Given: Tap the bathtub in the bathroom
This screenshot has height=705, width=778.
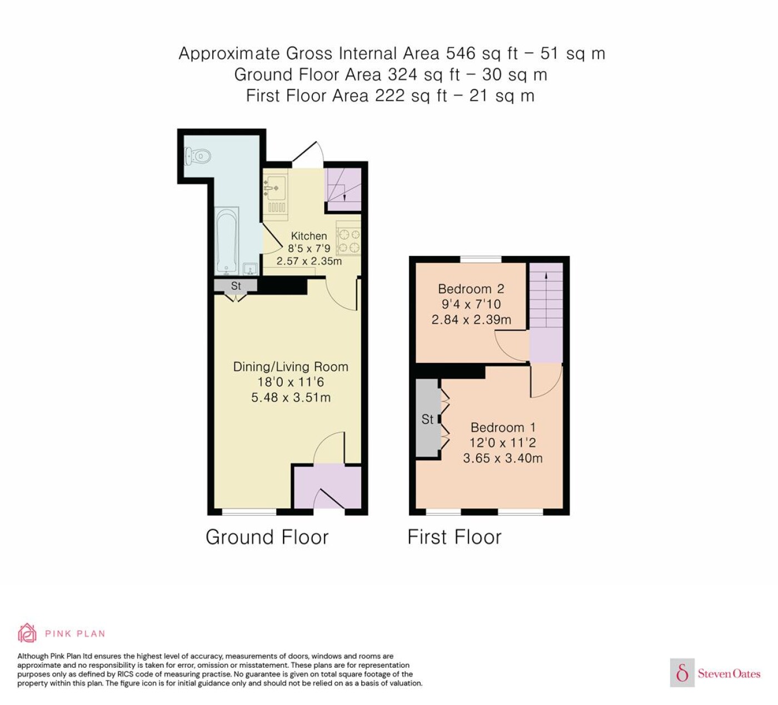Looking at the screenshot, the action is (x=226, y=240).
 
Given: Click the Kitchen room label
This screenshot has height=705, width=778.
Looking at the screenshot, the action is (x=309, y=235).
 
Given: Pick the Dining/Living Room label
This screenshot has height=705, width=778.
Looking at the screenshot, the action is (x=291, y=366).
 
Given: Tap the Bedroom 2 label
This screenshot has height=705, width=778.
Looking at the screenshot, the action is (x=471, y=289).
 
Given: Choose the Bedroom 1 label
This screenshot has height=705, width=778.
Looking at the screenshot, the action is (x=503, y=427).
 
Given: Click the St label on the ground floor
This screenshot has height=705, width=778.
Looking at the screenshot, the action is (x=236, y=286).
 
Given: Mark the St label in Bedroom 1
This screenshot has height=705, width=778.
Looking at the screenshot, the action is (x=427, y=419).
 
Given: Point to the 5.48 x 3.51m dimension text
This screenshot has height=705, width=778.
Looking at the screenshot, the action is (x=291, y=397).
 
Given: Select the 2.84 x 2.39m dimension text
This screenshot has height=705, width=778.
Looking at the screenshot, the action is (x=471, y=319).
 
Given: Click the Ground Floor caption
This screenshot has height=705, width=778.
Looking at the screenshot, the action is (x=267, y=537).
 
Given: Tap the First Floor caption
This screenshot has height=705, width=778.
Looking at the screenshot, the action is (x=454, y=537).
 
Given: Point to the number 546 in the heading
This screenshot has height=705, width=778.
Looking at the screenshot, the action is (x=461, y=53).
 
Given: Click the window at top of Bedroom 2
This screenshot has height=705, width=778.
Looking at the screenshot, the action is (x=481, y=259).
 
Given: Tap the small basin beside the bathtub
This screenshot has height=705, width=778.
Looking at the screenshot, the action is (x=250, y=269).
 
